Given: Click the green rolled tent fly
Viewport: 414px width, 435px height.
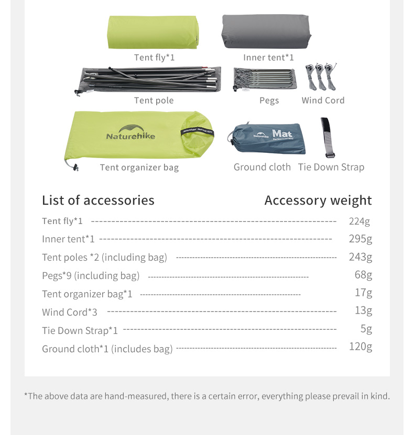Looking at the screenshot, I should pyautogui.click(x=153, y=32).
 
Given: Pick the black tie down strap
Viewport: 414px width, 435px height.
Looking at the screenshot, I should pyautogui.click(x=328, y=137).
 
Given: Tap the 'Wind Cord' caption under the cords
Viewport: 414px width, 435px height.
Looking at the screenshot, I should pyautogui.click(x=323, y=101).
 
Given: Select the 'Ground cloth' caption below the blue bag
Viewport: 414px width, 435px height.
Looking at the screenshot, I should pyautogui.click(x=262, y=167).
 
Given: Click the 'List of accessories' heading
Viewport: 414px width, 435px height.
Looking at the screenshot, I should pyautogui.click(x=98, y=200).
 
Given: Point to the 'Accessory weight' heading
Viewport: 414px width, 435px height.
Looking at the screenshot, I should pyautogui.click(x=318, y=200).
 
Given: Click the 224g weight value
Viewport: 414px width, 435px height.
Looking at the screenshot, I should pyautogui.click(x=359, y=221).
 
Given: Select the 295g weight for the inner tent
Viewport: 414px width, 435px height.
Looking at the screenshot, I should pyautogui.click(x=360, y=239).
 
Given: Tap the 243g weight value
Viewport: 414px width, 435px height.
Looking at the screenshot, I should pyautogui.click(x=360, y=257).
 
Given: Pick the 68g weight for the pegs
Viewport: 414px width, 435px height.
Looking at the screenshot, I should pyautogui.click(x=363, y=275).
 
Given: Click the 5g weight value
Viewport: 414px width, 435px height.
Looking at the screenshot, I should pyautogui.click(x=366, y=329).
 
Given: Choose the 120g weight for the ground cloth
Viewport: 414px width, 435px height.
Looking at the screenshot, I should pyautogui.click(x=360, y=347).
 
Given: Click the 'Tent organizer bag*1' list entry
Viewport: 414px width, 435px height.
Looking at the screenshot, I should pyautogui.click(x=87, y=294).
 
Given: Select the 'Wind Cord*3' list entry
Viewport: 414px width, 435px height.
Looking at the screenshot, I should pyautogui.click(x=70, y=313).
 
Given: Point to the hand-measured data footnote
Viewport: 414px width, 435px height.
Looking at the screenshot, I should pyautogui.click(x=207, y=396).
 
